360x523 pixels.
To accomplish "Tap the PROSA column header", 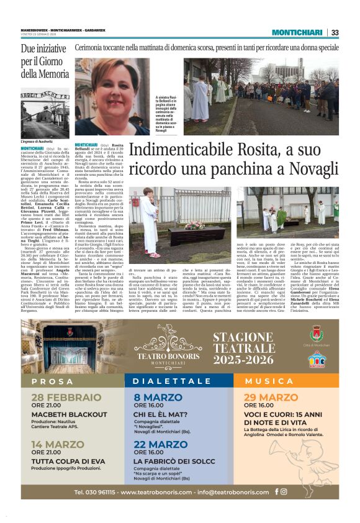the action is click(x=52, y=381).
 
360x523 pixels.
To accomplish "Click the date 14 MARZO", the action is click(x=57, y=444).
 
